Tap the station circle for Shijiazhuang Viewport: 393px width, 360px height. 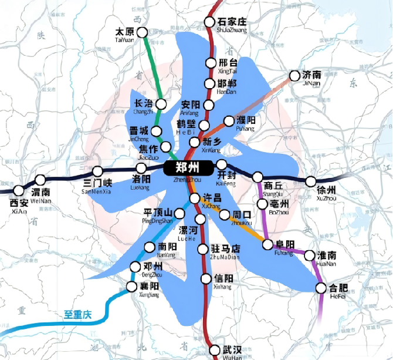[209, 22]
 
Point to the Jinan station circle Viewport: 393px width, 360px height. [294, 75]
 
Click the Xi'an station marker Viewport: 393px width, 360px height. [19, 190]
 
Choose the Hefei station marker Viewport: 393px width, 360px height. [321, 288]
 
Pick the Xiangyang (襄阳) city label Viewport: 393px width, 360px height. [150, 286]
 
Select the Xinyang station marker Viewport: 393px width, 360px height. [206, 278]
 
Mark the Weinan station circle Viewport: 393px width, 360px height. [40, 180]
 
